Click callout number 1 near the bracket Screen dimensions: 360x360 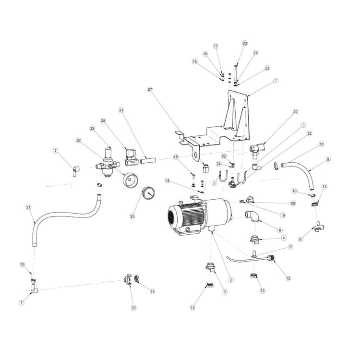click(276, 81)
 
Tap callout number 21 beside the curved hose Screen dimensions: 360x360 click(28, 207)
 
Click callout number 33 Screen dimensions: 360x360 click(133, 307)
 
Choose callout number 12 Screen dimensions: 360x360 click(288, 278)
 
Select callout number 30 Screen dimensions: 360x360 click(296, 111)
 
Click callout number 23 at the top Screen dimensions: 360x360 click(245, 43)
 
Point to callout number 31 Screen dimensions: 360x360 click(121, 110)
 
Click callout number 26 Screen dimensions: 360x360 click(78, 141)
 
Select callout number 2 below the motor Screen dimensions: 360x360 click(231, 280)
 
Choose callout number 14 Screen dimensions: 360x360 click(168, 180)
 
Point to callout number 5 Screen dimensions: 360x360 click(290, 247)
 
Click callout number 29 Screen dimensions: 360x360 click(93, 128)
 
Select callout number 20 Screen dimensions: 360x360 click(293, 203)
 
